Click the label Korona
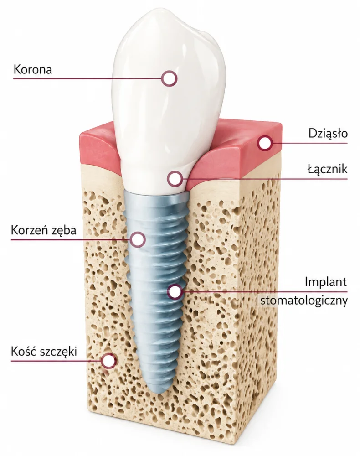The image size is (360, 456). [x=33, y=69]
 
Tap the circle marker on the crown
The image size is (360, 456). [x=169, y=78]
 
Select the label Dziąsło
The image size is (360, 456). [x=328, y=133]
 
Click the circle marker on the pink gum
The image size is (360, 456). [x=264, y=143]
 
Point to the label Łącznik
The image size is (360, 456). [x=328, y=169]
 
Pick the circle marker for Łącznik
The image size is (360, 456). [x=175, y=179]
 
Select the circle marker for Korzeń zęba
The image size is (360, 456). [x=138, y=239]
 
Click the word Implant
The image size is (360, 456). [x=326, y=281]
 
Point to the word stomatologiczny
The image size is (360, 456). [x=304, y=300]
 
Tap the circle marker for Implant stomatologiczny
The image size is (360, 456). [x=175, y=292]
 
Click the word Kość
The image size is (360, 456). [x=24, y=351]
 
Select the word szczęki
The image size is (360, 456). [x=58, y=352]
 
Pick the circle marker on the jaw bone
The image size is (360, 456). [x=109, y=361]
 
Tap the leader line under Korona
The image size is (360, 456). [x=87, y=78]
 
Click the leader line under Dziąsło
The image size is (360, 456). [x=310, y=143]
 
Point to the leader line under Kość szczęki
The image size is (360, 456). [x=57, y=361]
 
